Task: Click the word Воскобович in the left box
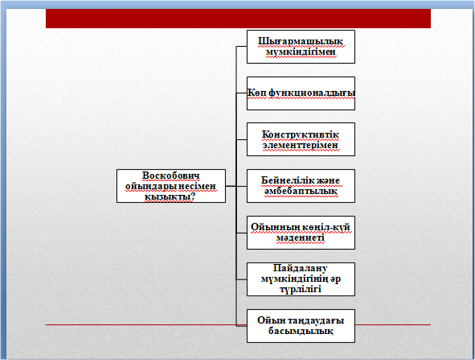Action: click(171, 176)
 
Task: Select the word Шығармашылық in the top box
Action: click(301, 42)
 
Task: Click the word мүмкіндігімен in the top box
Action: click(301, 52)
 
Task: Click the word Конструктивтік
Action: click(301, 134)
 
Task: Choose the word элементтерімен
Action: click(300, 145)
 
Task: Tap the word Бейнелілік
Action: click(284, 180)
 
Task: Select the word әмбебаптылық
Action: click(301, 192)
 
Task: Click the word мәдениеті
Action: click(301, 238)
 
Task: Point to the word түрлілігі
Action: click(301, 289)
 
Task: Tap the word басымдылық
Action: click(301, 331)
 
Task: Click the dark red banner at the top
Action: click(238, 18)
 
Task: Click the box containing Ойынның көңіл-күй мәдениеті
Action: click(301, 233)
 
